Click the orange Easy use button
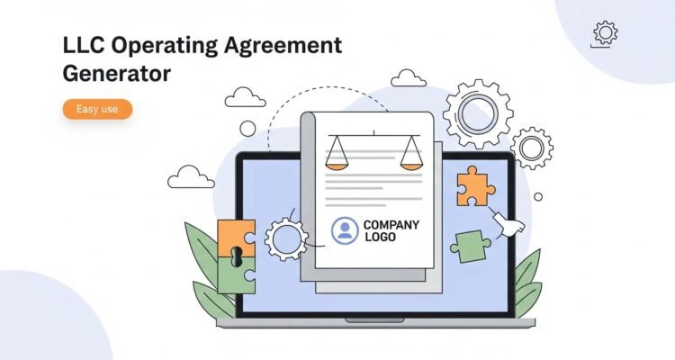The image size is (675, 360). [97, 109]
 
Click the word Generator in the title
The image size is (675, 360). [117, 73]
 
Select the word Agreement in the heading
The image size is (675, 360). [283, 46]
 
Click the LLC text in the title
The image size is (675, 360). [84, 45]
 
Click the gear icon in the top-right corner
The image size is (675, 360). [606, 32]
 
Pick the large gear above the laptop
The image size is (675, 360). [478, 114]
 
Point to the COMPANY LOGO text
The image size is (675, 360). [391, 230]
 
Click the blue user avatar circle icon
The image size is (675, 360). [345, 230]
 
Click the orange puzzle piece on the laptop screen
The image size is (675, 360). [475, 186]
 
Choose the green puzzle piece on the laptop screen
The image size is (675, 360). [470, 247]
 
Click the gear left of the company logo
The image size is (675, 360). [286, 239]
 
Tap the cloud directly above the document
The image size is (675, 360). [408, 78]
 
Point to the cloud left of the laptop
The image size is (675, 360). [191, 177]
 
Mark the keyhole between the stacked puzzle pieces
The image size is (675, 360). [236, 256]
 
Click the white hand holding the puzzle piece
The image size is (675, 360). [509, 224]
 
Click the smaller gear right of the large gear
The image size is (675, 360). [532, 148]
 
